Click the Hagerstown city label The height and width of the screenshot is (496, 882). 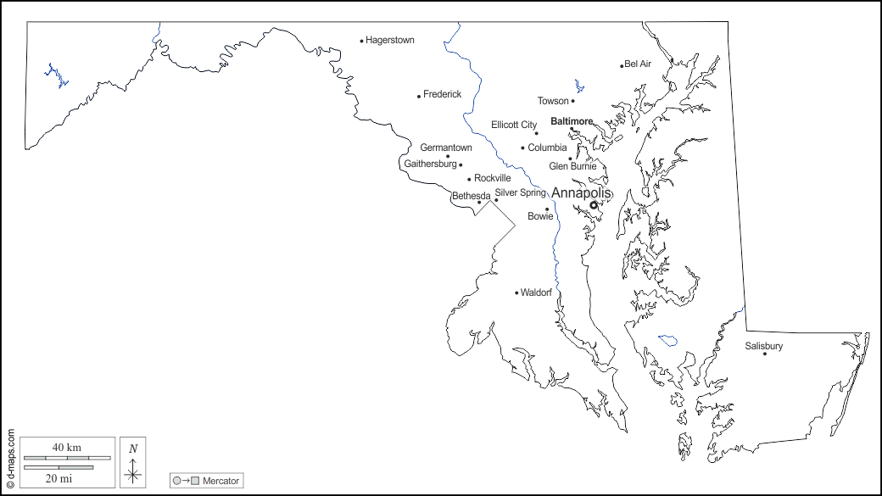389,40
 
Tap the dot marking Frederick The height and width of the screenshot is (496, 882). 419,96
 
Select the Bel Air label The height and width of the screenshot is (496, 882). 638,64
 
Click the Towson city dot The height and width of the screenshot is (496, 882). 572,101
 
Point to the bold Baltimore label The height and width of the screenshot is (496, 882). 572,121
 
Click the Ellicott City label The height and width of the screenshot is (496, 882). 514,125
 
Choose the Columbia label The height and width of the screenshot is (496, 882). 547,148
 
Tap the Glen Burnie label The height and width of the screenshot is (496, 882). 572,166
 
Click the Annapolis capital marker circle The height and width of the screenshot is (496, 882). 594,204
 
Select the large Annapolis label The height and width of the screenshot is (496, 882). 581,192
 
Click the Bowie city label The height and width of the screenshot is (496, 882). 540,216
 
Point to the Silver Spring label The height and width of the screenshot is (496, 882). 521,192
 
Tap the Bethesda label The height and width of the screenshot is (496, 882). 471,196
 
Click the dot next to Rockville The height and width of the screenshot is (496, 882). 469,179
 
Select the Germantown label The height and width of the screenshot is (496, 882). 446,148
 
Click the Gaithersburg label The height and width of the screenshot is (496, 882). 430,164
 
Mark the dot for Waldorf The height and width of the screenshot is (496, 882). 516,293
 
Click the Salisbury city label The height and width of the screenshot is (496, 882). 764,346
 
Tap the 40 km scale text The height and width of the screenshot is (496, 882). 67,447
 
